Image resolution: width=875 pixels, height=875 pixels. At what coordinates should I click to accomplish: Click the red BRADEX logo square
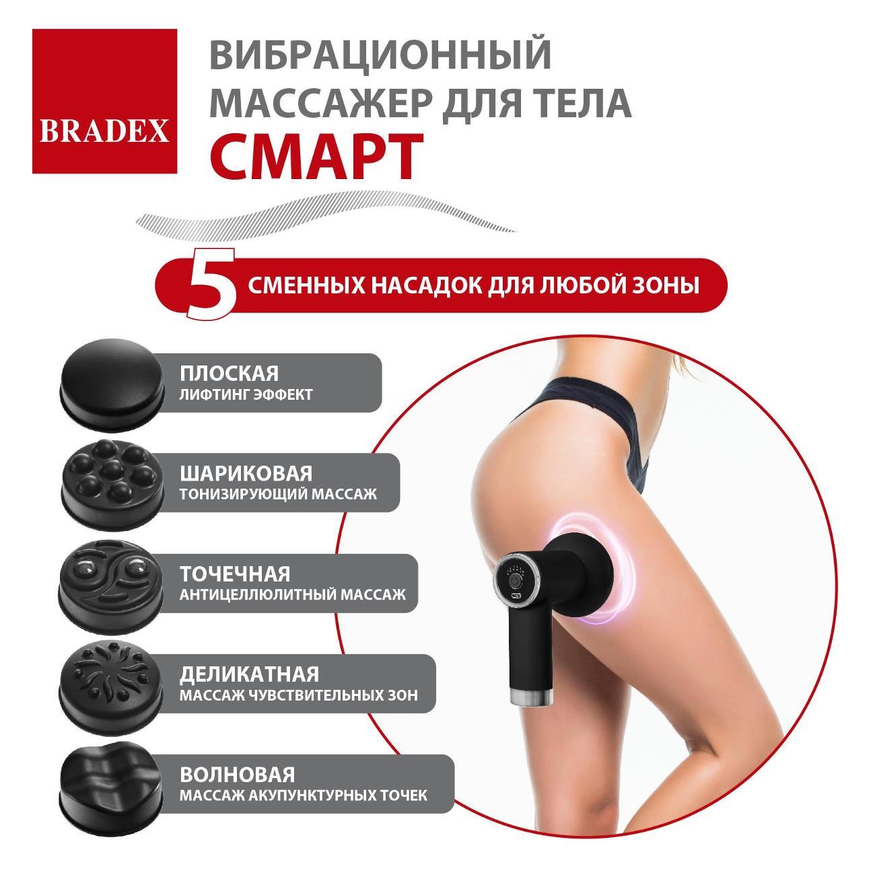point(104,101)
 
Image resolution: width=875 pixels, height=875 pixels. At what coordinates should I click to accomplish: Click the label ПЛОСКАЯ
point(229,374)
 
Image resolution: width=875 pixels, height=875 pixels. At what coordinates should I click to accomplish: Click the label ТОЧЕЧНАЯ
point(235,573)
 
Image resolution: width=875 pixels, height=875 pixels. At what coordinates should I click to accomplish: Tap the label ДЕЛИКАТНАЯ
point(249,674)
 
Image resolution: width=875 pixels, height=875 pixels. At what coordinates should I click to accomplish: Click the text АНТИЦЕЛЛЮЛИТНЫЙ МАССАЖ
point(292,595)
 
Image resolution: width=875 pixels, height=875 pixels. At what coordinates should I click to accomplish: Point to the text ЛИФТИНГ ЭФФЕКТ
point(246,394)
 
